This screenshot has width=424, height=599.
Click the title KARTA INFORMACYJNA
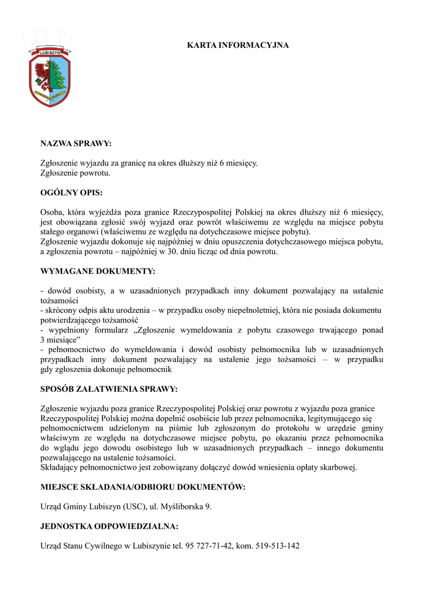(237, 45)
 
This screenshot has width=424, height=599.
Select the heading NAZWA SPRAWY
(75, 143)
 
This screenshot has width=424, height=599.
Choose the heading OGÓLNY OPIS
(71, 192)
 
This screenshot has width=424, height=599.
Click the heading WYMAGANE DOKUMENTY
(98, 271)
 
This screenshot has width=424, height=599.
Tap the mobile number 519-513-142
(277, 546)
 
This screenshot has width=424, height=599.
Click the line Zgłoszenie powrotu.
(75, 173)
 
